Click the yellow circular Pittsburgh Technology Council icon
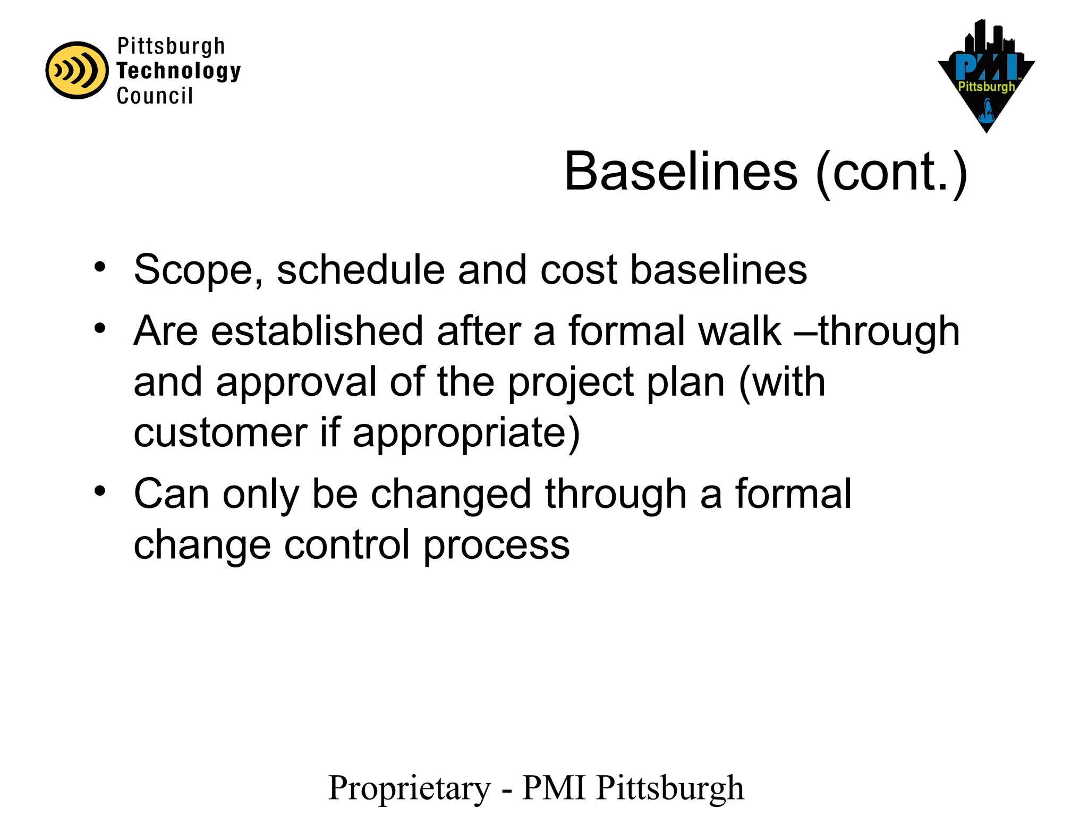coord(76,70)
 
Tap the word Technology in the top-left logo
coord(178,71)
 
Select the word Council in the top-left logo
coord(155,96)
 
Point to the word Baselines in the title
coord(681,172)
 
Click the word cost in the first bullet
coord(579,270)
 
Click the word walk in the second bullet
coord(739,331)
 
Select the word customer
coord(220,432)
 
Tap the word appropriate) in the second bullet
coord(466,433)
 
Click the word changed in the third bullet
coord(451,494)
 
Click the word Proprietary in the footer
coord(410,788)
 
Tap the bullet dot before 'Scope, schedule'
coord(100,266)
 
